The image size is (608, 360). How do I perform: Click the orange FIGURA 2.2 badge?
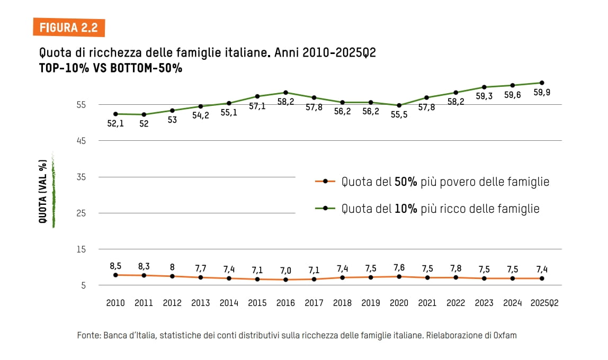(x=69, y=28)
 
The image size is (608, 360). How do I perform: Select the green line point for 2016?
(x=285, y=93)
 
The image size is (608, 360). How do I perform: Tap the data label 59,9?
(x=541, y=93)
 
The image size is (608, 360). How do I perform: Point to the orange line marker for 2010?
(x=115, y=275)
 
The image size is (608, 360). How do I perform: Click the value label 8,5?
(x=115, y=266)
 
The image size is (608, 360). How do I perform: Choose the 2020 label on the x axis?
(x=399, y=303)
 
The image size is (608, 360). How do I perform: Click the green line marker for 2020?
(x=399, y=105)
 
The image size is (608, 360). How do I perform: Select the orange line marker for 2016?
(x=285, y=280)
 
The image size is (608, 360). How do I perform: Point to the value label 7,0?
(x=285, y=270)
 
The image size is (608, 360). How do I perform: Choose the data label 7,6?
(x=399, y=267)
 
